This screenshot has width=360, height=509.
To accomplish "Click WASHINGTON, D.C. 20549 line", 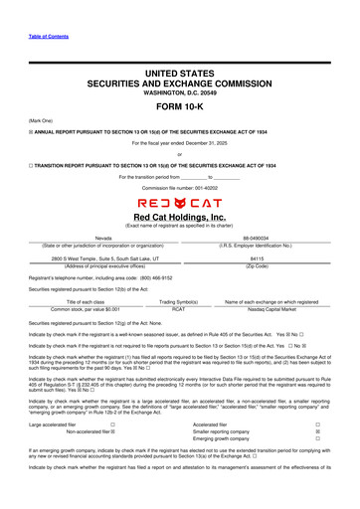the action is [x=179, y=93].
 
